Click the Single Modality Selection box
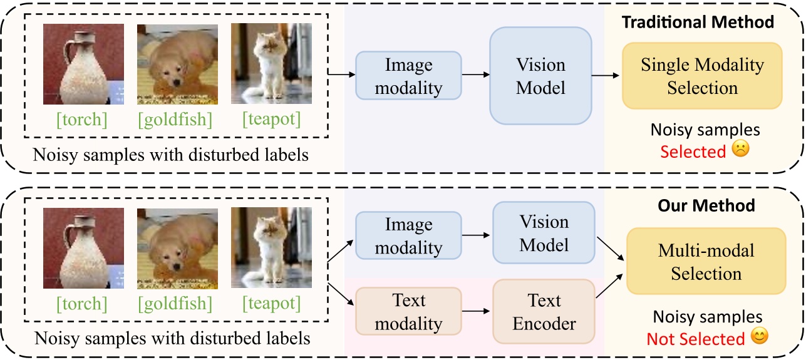pyautogui.click(x=702, y=76)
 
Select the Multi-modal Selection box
pyautogui.click(x=706, y=262)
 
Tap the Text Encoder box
pyautogui.click(x=544, y=312)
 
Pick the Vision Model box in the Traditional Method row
pyautogui.click(x=540, y=75)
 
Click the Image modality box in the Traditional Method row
pyautogui.click(x=408, y=75)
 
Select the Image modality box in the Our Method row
pyautogui.click(x=408, y=235)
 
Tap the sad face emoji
pyautogui.click(x=741, y=151)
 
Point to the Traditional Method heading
pyautogui.click(x=697, y=22)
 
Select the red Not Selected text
pyautogui.click(x=695, y=339)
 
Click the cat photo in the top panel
pyautogui.click(x=271, y=64)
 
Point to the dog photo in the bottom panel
pyautogui.click(x=177, y=249)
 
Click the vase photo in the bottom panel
pyautogui.click(x=83, y=249)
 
